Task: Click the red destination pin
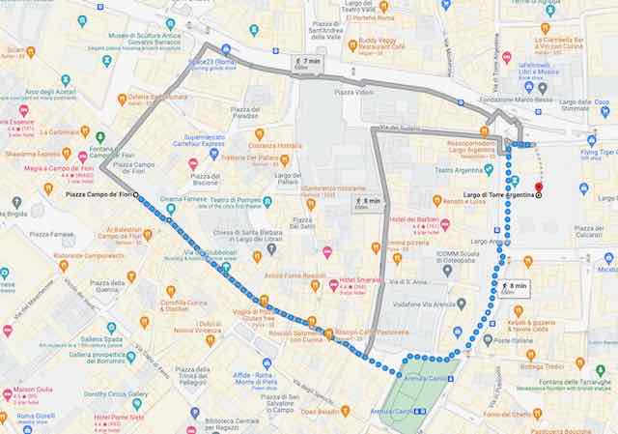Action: [x=538, y=188]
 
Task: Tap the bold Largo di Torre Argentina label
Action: [x=496, y=196]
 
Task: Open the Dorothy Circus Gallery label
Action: [x=115, y=393]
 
